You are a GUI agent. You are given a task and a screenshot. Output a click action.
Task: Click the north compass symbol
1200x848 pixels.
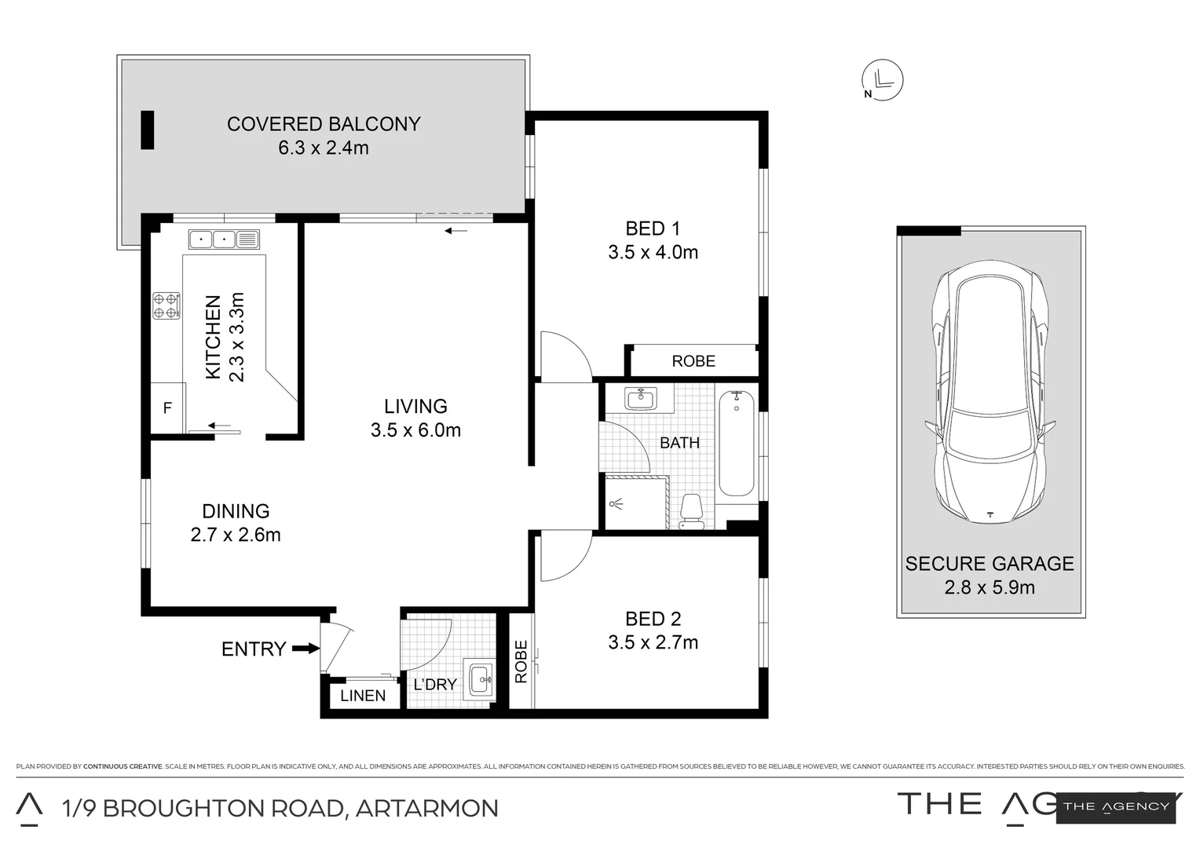click(883, 80)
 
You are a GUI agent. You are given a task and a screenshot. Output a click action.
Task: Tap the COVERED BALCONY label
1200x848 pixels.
click(324, 124)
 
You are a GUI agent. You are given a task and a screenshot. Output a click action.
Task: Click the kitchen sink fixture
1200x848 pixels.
click(224, 238)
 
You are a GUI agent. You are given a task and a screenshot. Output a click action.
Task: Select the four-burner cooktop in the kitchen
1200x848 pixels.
click(166, 305)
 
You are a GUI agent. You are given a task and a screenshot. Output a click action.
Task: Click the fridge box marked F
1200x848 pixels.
click(167, 408)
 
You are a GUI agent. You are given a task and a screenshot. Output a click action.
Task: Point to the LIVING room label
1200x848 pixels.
click(415, 406)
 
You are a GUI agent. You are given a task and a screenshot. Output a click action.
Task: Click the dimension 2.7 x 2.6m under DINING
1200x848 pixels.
click(236, 535)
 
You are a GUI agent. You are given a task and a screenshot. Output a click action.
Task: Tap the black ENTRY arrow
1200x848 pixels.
click(305, 649)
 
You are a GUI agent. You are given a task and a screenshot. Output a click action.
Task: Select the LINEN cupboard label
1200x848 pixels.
click(363, 696)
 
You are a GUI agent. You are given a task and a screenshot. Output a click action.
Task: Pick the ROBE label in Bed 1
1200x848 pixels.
click(693, 361)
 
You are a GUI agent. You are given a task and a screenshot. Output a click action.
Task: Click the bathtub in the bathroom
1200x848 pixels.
click(737, 444)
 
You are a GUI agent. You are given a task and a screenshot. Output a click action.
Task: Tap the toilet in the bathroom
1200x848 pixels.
click(691, 511)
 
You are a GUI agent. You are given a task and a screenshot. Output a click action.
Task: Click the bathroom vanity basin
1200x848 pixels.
click(642, 398)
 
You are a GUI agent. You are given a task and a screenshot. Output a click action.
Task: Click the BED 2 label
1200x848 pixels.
click(653, 619)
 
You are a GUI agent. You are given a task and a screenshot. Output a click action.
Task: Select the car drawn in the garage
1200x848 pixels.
click(990, 393)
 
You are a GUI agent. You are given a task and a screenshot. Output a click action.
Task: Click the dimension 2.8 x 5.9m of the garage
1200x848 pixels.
click(990, 587)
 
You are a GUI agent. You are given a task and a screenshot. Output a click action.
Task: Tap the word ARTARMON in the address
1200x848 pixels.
click(426, 808)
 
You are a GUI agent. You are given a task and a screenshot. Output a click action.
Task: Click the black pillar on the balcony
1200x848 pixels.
click(147, 130)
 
